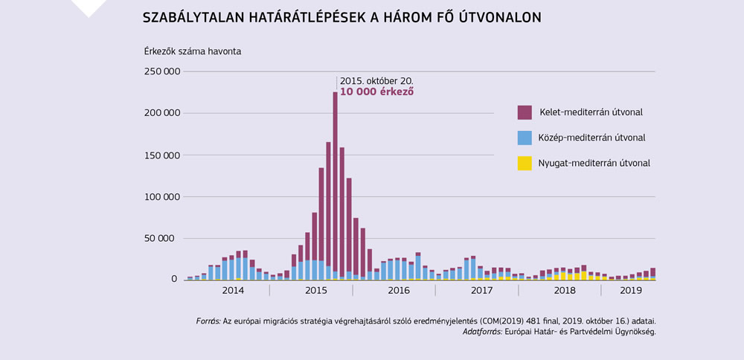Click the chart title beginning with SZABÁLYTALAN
pos(341,16)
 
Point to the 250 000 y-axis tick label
pos(161,71)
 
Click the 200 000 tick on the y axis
pos(161,113)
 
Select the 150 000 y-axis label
pos(161,155)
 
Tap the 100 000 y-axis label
pos(161,196)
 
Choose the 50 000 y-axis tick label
pos(163,238)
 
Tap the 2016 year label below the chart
pos(398,290)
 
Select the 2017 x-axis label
pos(482,290)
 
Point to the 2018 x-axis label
pos(565,290)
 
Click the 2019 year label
pos(630,290)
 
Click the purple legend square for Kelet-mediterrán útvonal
pos(525,112)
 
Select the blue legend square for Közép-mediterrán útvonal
pos(525,138)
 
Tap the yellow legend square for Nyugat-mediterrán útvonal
pos(525,163)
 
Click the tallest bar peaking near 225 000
pos(335,186)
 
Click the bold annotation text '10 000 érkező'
pos(376,91)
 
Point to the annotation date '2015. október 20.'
pos(376,80)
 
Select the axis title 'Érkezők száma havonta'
pos(193,51)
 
